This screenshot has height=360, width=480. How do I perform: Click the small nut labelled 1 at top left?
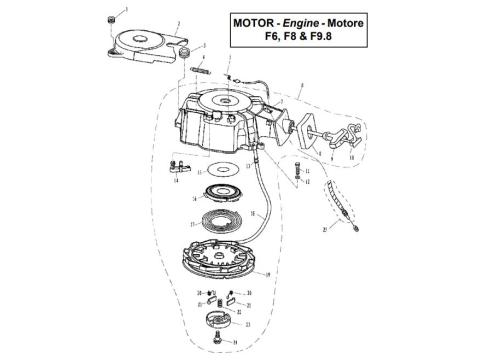(x=109, y=20)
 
